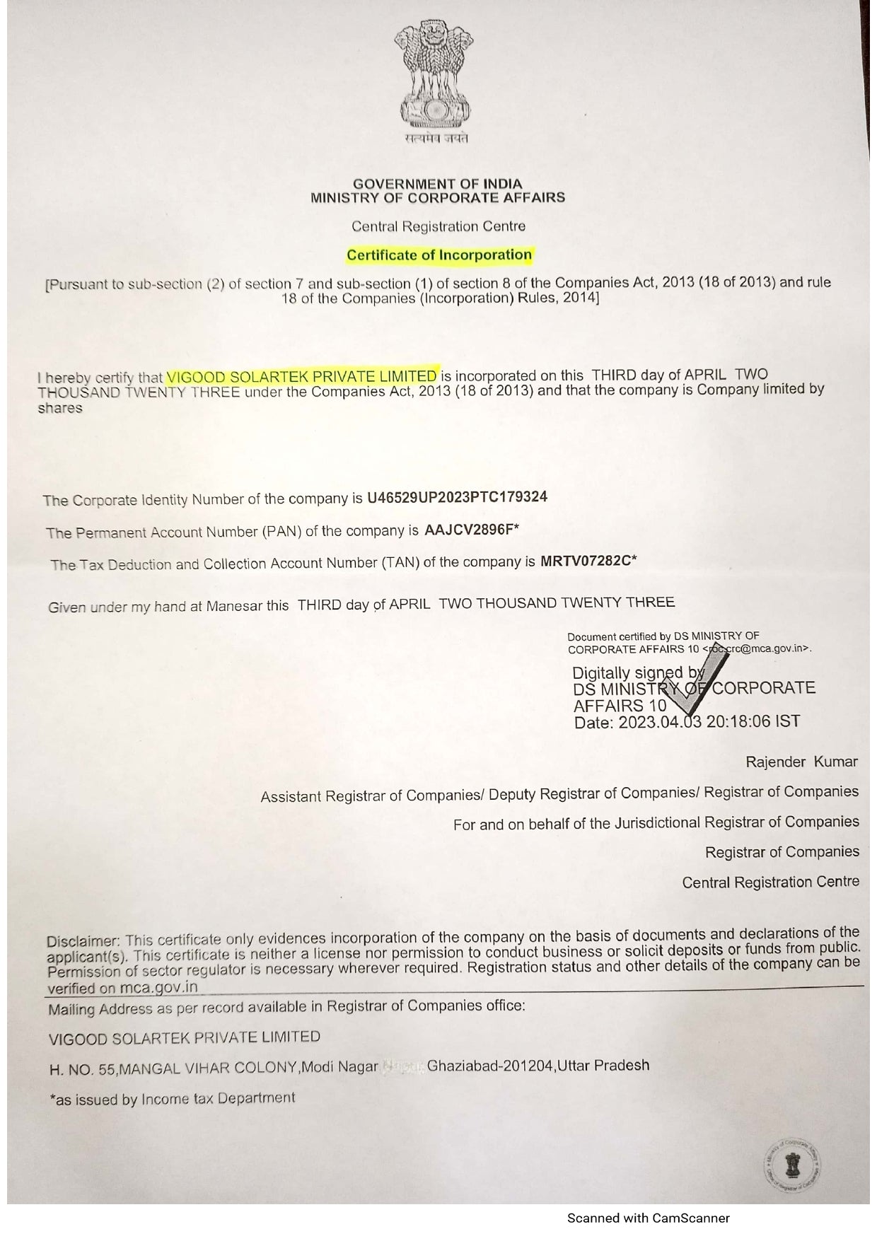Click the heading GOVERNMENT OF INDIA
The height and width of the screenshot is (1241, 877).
(x=437, y=185)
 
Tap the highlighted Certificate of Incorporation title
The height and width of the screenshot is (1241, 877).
(x=438, y=255)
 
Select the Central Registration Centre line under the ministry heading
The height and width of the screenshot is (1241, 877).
(x=438, y=227)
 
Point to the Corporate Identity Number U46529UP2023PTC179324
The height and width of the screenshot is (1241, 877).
(x=457, y=497)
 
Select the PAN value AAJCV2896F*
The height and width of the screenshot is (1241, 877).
(x=472, y=530)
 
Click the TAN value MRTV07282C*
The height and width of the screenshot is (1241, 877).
(x=588, y=562)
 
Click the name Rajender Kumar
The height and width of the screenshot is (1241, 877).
(x=801, y=762)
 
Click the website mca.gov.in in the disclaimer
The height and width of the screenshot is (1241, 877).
(x=158, y=988)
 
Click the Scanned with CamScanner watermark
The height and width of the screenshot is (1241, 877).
(x=648, y=1218)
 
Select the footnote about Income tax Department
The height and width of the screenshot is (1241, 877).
(x=172, y=1099)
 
